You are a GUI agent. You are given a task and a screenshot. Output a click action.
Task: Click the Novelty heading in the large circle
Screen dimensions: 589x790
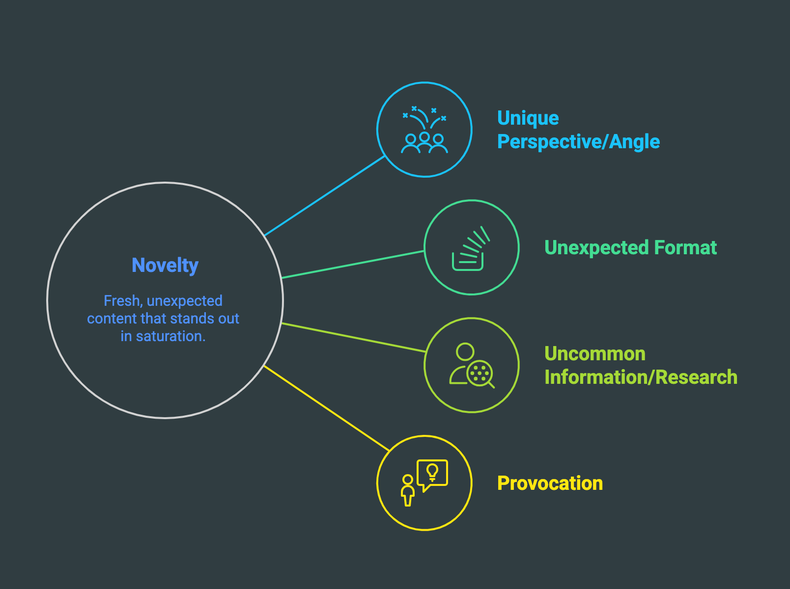[x=165, y=266]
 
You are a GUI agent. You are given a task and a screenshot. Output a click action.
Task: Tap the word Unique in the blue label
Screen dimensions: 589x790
[x=528, y=118]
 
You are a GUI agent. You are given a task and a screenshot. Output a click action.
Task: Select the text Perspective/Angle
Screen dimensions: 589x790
[x=578, y=142]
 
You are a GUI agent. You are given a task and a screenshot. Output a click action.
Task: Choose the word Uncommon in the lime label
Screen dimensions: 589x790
[x=594, y=354]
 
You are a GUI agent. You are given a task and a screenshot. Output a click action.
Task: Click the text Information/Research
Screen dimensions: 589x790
[x=641, y=377]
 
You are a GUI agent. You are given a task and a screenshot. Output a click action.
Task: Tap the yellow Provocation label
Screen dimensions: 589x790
[x=550, y=483]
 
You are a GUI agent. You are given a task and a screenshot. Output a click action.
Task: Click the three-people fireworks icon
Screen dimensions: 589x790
[x=424, y=130]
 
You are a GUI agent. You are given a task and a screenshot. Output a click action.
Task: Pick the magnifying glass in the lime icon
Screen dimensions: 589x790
[x=481, y=375]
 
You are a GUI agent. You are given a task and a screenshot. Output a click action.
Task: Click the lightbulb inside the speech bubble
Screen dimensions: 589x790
[x=432, y=472]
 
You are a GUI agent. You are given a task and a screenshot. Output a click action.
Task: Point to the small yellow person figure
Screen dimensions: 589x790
[x=407, y=490]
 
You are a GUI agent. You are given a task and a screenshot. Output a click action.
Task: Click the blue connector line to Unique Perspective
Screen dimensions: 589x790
[x=324, y=196]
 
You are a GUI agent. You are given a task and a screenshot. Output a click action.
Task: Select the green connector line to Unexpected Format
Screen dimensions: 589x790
[x=353, y=265]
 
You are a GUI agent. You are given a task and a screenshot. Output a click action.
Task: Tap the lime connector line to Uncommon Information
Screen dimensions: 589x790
[x=353, y=337]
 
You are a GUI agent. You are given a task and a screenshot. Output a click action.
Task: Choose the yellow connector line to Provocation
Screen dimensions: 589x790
[x=326, y=408]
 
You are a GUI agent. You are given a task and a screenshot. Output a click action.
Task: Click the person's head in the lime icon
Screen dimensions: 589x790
[x=465, y=351]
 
